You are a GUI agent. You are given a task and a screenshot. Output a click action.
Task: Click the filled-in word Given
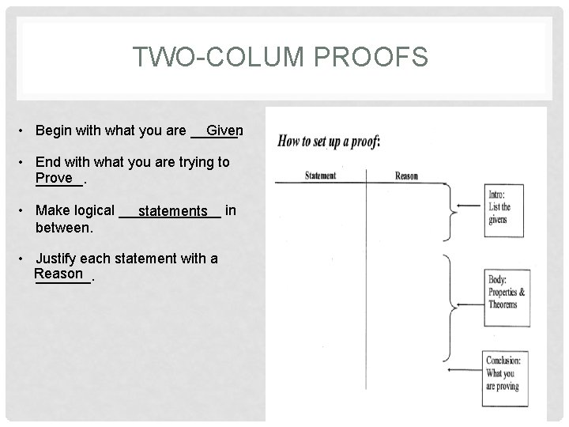224,130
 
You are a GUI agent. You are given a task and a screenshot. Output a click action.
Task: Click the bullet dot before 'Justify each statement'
26,259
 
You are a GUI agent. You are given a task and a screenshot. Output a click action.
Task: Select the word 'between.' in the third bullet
65,227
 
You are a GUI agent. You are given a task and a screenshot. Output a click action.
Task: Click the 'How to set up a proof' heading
330,142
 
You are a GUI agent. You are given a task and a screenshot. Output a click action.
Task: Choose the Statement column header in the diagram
321,176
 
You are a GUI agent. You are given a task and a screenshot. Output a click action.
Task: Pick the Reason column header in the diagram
406,176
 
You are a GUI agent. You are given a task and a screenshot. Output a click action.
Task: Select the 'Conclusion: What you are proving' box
506,373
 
